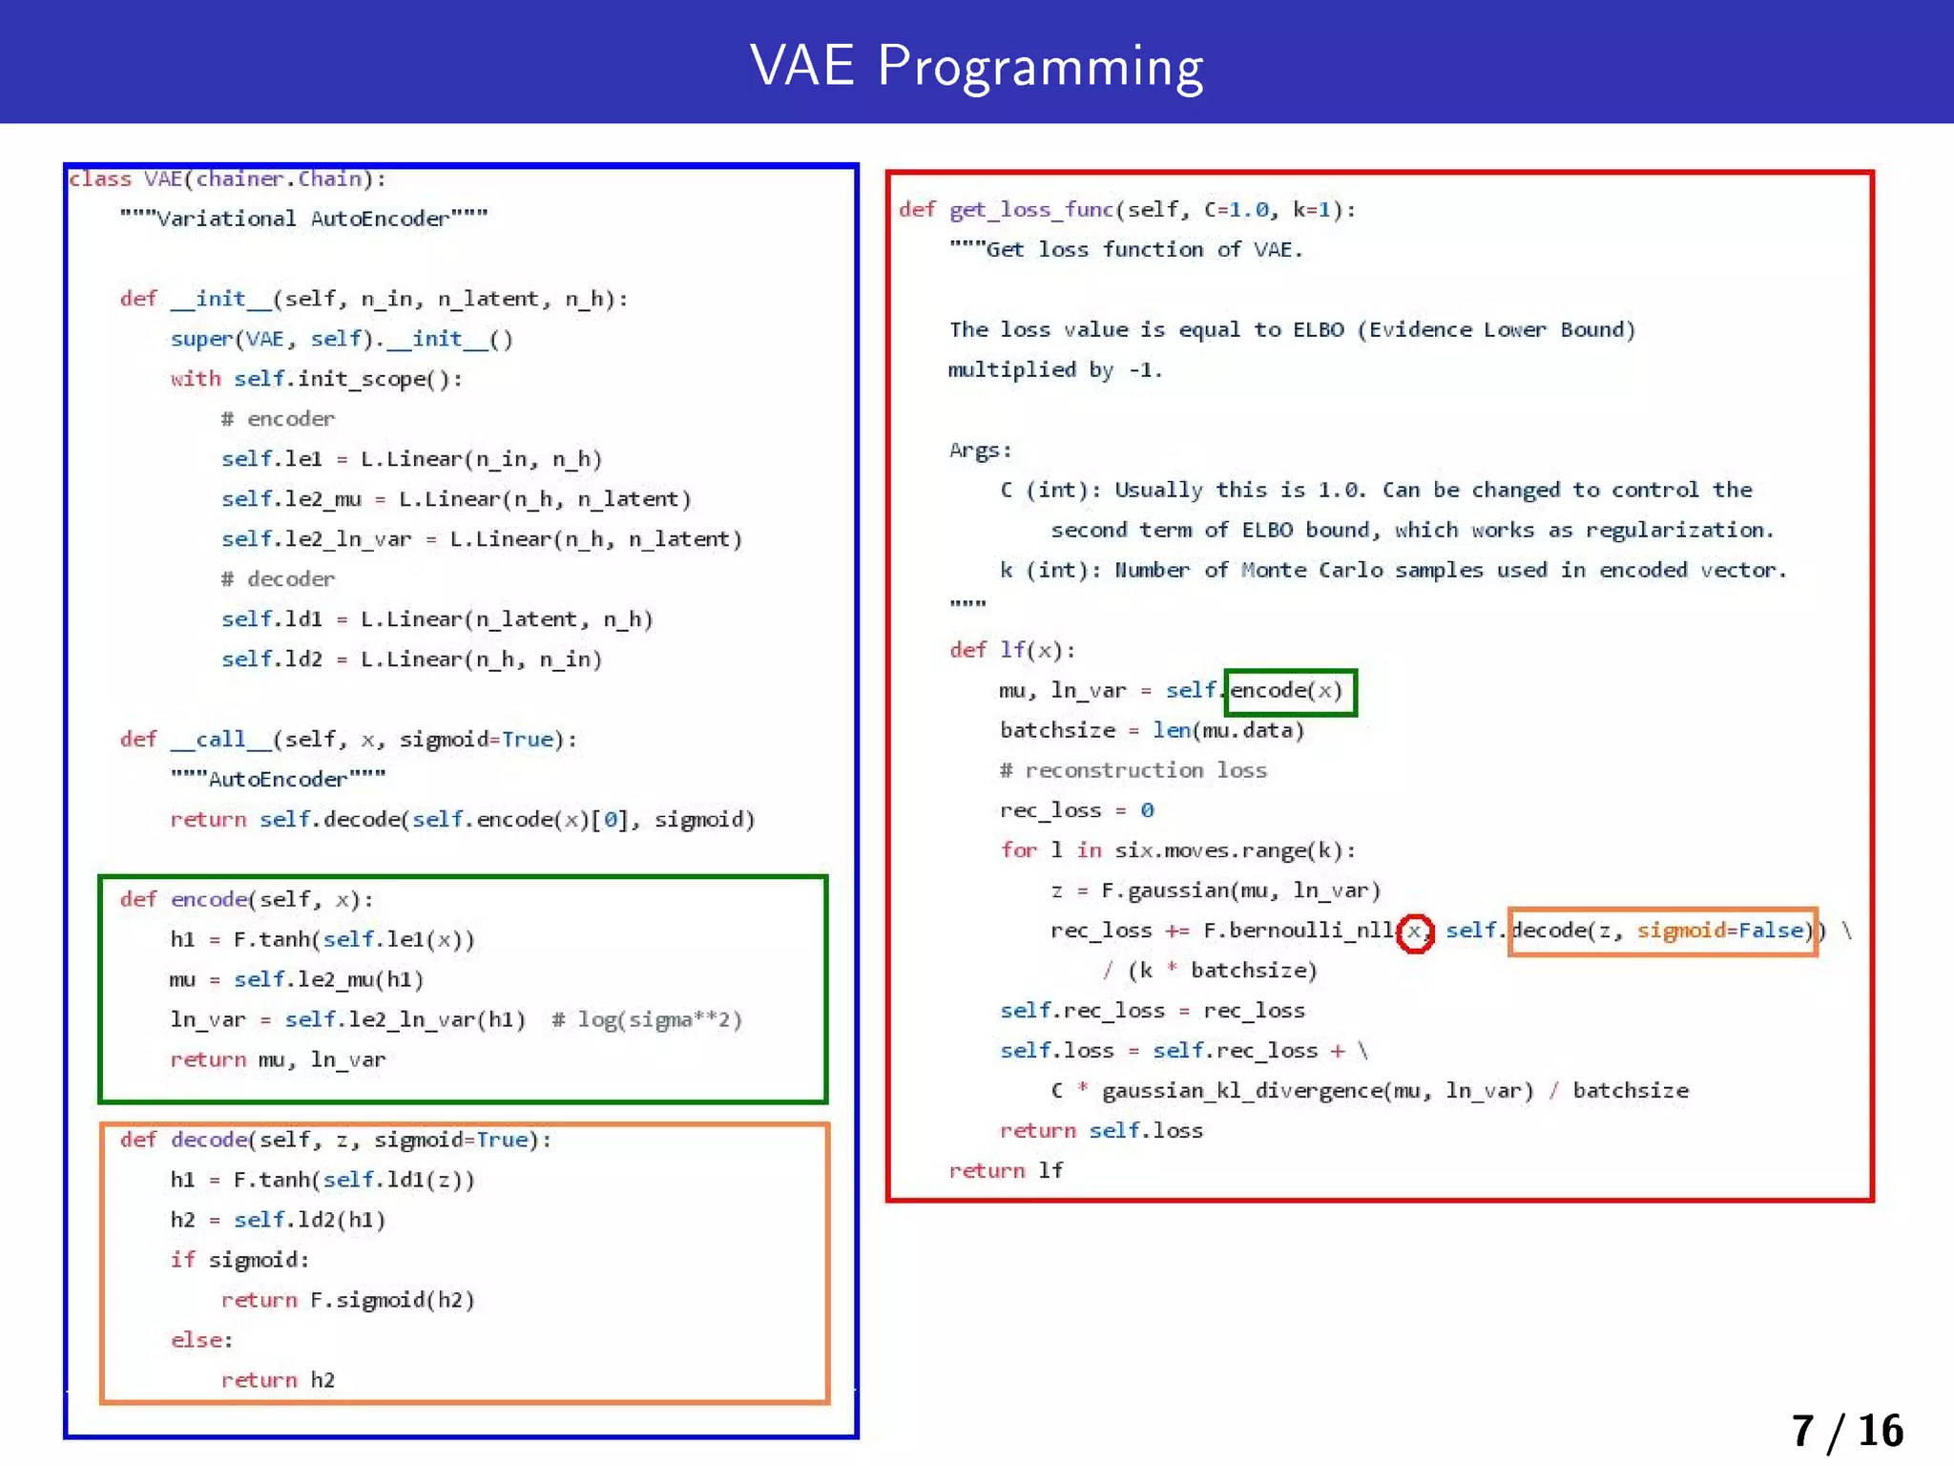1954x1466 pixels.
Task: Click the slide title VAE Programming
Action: pos(976,66)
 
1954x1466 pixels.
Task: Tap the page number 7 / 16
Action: pos(1846,1431)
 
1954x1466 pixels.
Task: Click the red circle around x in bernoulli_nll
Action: pos(1414,932)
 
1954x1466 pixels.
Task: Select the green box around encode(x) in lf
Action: pos(1290,691)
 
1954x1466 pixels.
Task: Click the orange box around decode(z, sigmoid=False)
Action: pos(1662,931)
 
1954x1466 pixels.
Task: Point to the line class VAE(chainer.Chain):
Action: pos(227,179)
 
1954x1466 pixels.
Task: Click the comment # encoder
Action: pos(278,419)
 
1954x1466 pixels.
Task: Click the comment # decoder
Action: pos(278,579)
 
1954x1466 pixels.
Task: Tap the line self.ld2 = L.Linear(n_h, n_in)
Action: pos(411,660)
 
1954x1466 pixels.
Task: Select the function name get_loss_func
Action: pos(1031,210)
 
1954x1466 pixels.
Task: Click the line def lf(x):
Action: pos(1011,651)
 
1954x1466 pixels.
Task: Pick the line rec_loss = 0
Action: pos(1076,811)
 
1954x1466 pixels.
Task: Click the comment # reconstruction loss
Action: pos(1133,771)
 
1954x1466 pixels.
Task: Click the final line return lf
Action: pos(1006,1171)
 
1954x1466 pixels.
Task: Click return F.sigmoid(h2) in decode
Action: pos(347,1301)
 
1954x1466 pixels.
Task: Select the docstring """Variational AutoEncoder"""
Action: pos(303,219)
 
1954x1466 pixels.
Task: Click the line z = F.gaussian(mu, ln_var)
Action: pos(1215,891)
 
